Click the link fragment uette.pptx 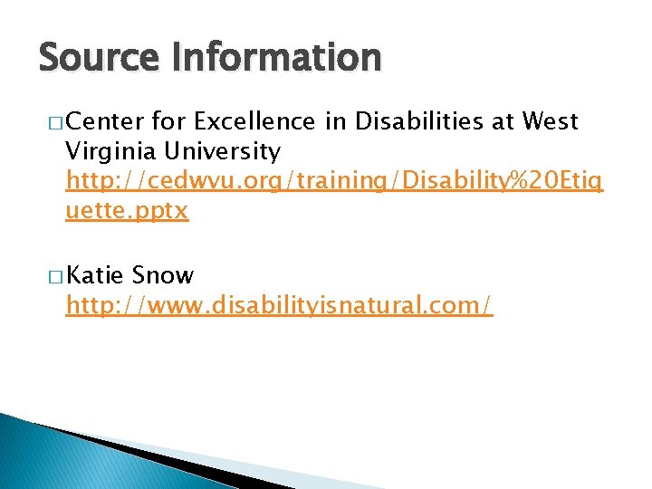pos(127,212)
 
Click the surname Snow pos(163,274)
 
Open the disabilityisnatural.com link pos(279,306)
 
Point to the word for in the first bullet pos(169,120)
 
